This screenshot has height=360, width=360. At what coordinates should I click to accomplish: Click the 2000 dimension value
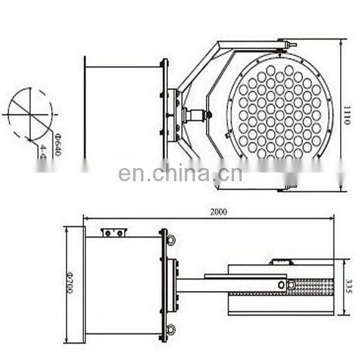point(219,212)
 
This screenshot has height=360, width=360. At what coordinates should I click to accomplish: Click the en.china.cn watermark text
point(180,173)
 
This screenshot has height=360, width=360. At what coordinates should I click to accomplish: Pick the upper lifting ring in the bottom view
point(171,239)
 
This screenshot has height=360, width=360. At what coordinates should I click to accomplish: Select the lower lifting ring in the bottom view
point(171,328)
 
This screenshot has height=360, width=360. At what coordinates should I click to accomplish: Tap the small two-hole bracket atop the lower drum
point(113,232)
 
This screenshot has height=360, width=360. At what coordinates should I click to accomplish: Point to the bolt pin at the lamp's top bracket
point(287,44)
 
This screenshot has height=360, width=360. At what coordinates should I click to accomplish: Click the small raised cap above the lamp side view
point(281,262)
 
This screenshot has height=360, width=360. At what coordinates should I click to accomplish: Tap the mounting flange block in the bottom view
point(173,284)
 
